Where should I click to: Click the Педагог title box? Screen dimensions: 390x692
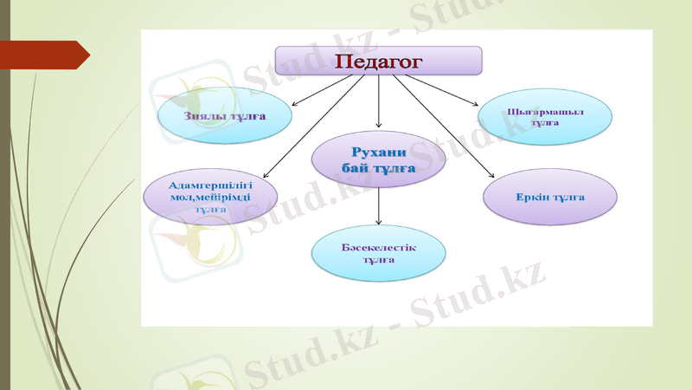click(378, 61)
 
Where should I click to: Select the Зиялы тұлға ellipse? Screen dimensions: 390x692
click(223, 115)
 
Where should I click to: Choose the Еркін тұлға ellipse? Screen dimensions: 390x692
click(550, 197)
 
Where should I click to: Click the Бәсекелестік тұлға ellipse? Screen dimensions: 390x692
click(379, 253)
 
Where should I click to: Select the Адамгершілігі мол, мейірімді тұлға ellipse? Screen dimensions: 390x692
click(210, 198)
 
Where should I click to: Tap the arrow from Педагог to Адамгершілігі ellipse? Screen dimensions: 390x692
click(311, 127)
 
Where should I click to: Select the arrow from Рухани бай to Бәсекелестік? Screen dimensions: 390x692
click(379, 208)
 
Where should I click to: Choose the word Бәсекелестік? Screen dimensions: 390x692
click(379, 247)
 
